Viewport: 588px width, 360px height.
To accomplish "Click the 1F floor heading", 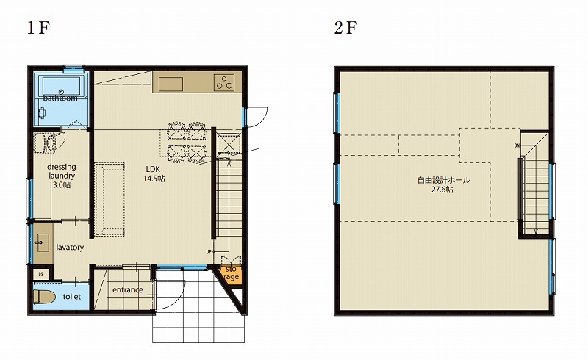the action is pyautogui.click(x=39, y=28).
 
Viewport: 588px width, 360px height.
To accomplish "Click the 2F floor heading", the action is pyautogui.click(x=345, y=28).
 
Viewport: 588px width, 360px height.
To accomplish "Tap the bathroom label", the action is pyautogui.click(x=60, y=98).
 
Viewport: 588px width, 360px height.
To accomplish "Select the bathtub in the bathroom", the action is pyautogui.click(x=62, y=86).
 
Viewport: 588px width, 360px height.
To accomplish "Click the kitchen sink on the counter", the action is pyautogui.click(x=171, y=84).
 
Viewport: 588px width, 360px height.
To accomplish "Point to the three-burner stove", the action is pyautogui.click(x=224, y=83).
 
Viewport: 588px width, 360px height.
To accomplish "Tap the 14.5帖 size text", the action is pyautogui.click(x=154, y=179).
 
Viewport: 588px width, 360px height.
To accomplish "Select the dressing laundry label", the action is pyautogui.click(x=62, y=171).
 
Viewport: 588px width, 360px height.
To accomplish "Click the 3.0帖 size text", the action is pyautogui.click(x=62, y=185).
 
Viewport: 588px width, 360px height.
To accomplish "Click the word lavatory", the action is pyautogui.click(x=70, y=248).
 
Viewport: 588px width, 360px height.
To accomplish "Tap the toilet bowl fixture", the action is pyautogui.click(x=44, y=297).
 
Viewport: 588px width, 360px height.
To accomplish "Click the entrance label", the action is pyautogui.click(x=127, y=290).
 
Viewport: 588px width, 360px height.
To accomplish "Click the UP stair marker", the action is pyautogui.click(x=209, y=251).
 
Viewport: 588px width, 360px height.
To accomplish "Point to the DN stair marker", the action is pyautogui.click(x=517, y=145).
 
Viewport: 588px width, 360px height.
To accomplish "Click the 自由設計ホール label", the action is pyautogui.click(x=444, y=181).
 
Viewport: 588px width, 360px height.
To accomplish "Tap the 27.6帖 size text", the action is pyautogui.click(x=442, y=190).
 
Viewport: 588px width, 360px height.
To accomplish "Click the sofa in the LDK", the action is pyautogui.click(x=110, y=199).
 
